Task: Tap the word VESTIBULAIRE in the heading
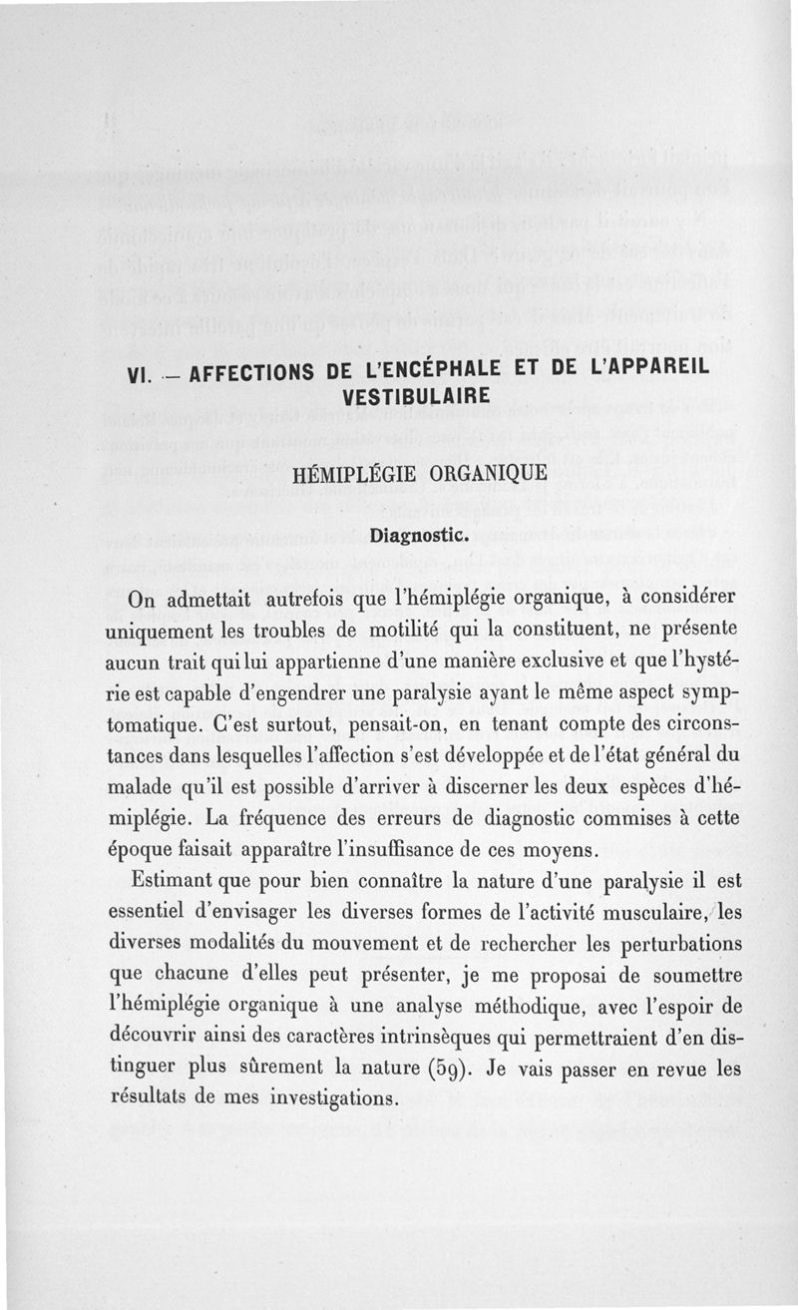(414, 397)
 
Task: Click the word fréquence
(286, 819)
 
